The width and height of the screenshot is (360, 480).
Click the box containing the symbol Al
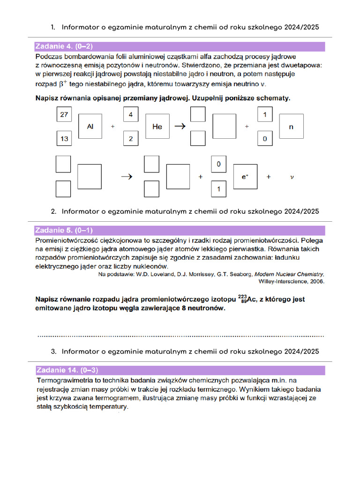(90, 127)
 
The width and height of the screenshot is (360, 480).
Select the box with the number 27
(64, 114)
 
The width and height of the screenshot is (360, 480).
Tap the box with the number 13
(64, 139)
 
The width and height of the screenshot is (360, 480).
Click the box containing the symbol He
(157, 127)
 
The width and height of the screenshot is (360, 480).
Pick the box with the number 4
(131, 114)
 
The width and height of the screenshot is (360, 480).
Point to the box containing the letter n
(291, 127)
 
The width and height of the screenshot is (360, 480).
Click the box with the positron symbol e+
(245, 177)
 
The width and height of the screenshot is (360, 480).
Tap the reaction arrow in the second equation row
(125, 177)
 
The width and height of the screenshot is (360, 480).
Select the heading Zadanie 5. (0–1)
(64, 230)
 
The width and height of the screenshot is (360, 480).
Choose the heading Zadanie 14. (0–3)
(67, 370)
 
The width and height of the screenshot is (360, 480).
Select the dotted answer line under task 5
(180, 336)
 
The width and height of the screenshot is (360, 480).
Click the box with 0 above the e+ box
(218, 164)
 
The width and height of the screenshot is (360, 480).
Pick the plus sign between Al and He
(112, 127)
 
